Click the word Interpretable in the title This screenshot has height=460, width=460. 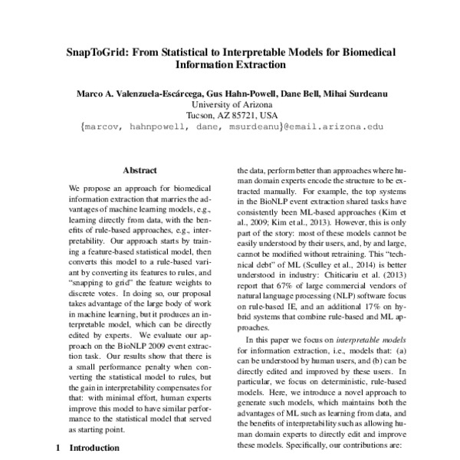pos(258,52)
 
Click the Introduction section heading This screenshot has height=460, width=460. pos(94,447)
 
